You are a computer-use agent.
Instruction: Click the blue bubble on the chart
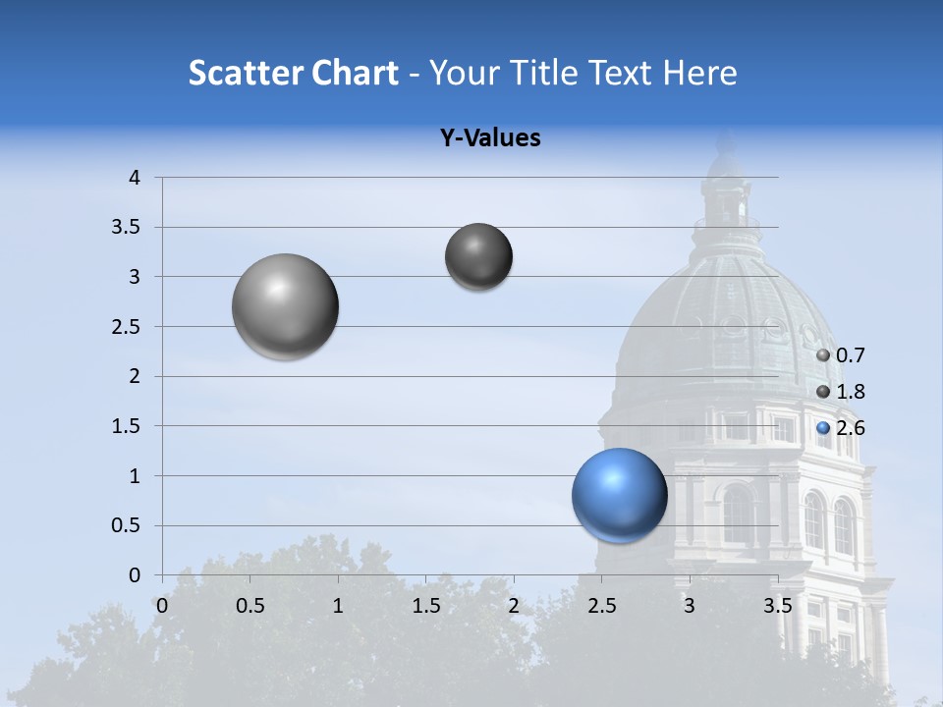tap(619, 495)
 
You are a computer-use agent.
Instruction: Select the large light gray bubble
tap(285, 306)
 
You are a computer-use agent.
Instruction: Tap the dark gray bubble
tap(478, 256)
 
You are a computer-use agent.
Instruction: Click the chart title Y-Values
tap(490, 138)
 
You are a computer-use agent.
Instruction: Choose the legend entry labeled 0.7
tap(841, 355)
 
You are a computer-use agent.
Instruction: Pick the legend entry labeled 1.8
tap(841, 392)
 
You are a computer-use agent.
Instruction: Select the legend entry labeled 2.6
tap(841, 428)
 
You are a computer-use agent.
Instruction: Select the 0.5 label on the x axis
tap(250, 606)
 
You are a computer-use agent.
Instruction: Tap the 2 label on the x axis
tap(513, 606)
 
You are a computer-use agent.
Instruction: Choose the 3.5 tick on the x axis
tap(777, 606)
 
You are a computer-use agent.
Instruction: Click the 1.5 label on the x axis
tap(425, 606)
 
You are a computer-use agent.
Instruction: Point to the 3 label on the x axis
tap(689, 606)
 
